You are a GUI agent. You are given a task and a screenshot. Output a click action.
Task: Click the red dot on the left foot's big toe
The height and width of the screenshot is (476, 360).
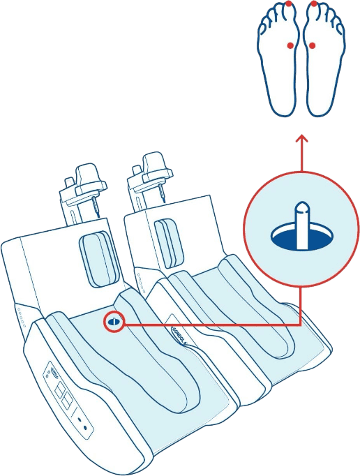(x=288, y=3)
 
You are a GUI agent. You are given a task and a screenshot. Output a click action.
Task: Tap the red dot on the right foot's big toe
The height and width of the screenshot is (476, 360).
(x=314, y=3)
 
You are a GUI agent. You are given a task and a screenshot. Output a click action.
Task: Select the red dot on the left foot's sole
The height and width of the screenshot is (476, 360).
(x=290, y=45)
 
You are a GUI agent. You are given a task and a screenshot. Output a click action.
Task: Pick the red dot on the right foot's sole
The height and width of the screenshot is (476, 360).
(x=312, y=45)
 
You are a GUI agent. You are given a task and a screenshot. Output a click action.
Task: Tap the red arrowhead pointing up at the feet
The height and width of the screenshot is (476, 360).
(x=301, y=140)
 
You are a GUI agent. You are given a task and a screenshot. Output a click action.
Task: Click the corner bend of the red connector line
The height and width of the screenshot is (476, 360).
(x=301, y=323)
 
